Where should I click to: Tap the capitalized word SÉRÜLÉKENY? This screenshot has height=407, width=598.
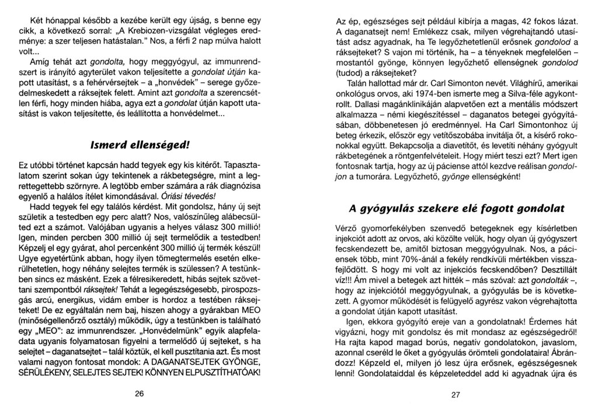point(59,371)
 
